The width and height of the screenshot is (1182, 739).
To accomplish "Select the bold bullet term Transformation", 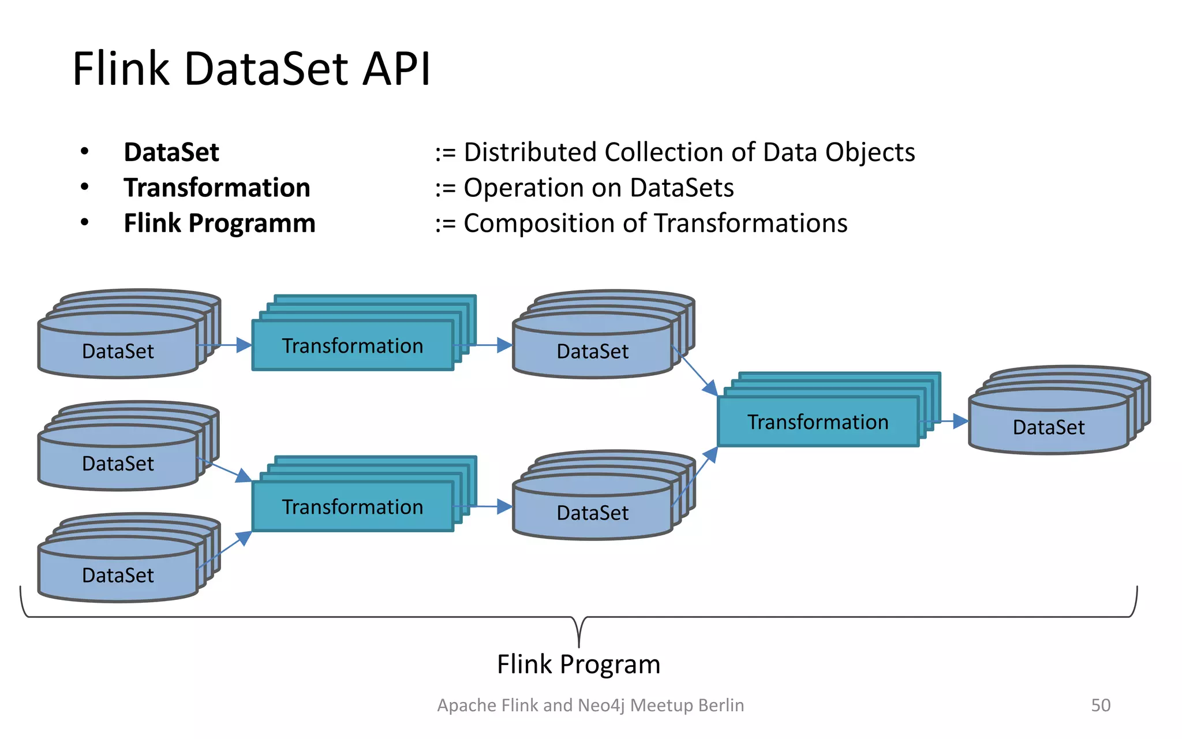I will [x=217, y=188].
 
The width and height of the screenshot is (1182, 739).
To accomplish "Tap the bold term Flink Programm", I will [x=219, y=223].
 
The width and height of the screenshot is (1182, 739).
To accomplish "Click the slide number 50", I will [x=1100, y=705].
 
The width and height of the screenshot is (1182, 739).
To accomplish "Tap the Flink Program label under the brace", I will [x=578, y=665].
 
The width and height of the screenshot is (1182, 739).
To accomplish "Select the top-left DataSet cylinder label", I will [x=118, y=351].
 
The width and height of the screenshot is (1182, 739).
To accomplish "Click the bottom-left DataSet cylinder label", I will [x=118, y=575].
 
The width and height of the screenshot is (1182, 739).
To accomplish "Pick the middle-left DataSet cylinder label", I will [x=118, y=464].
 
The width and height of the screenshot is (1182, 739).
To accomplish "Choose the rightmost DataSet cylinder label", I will [x=1048, y=427].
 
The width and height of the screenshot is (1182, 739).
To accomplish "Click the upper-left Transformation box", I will [x=353, y=346].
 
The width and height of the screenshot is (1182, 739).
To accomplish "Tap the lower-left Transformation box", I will [x=353, y=507].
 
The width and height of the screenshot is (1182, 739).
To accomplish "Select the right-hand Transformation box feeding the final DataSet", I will [x=818, y=422].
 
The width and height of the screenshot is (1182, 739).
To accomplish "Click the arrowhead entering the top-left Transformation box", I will [x=245, y=345].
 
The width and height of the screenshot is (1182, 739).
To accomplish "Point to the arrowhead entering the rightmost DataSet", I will [x=961, y=421].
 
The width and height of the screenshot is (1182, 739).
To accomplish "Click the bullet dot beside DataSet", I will [x=85, y=152].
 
